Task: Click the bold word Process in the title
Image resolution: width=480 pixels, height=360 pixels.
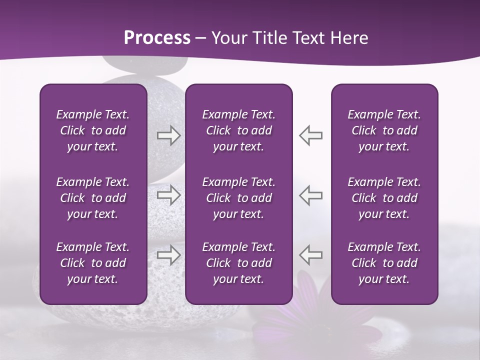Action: click(x=157, y=38)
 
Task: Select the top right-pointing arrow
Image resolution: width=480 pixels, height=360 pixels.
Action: click(x=168, y=135)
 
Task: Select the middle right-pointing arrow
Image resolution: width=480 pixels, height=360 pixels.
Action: click(x=168, y=195)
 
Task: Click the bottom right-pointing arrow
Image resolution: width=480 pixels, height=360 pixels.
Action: click(x=168, y=254)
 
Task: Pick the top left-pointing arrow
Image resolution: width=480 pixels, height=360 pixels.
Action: click(x=310, y=135)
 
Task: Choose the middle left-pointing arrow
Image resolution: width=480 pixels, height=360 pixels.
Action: click(x=310, y=195)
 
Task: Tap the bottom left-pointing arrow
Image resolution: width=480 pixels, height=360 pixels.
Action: click(x=310, y=254)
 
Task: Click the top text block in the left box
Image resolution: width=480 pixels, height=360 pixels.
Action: click(x=93, y=130)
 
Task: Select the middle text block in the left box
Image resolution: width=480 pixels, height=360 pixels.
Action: click(x=93, y=198)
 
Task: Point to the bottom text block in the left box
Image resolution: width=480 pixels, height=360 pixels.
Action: click(x=93, y=263)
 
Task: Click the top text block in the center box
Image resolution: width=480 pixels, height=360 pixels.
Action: click(x=238, y=130)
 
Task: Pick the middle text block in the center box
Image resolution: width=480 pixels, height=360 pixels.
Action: click(x=238, y=198)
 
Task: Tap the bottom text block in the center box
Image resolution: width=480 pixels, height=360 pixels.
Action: click(x=238, y=263)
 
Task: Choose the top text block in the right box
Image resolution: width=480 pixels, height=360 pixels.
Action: click(x=384, y=130)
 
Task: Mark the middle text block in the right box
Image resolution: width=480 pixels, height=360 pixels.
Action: click(x=384, y=198)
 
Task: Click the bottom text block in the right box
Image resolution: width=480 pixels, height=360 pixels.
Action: click(x=384, y=263)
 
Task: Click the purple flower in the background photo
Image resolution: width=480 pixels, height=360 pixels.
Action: click(x=310, y=315)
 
